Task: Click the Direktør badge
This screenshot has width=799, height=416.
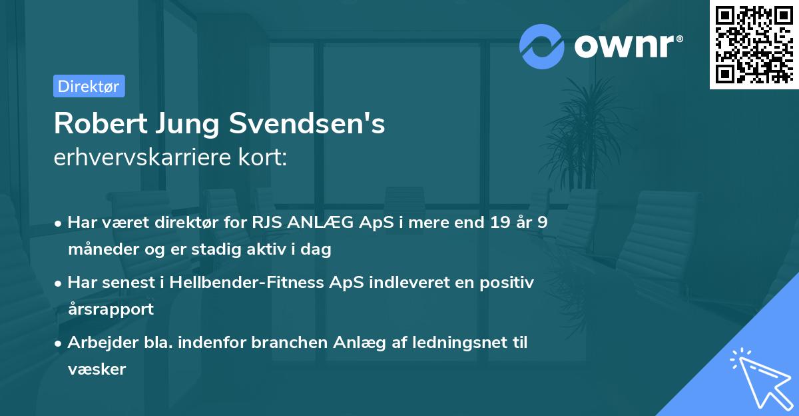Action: coord(89,86)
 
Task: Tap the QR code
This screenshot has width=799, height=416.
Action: coord(754,44)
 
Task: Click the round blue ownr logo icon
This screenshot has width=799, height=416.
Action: coord(542,47)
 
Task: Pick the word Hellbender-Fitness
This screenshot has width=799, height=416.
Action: coord(248,282)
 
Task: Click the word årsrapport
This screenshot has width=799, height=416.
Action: coord(111,309)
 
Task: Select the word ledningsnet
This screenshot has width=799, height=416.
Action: coord(453,343)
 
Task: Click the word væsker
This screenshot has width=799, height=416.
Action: coord(97,369)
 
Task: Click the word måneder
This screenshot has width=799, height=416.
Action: coord(101,249)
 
